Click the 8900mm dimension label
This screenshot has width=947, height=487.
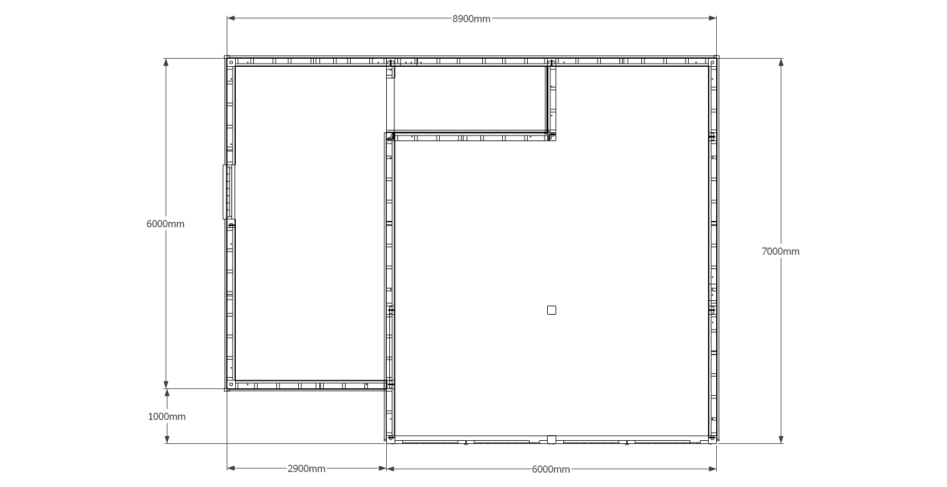[472, 19]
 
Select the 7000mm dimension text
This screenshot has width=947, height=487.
[780, 252]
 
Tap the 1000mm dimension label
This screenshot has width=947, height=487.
[167, 417]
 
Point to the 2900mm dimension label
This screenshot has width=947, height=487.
[306, 469]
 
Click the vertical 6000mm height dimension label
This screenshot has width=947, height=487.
[165, 224]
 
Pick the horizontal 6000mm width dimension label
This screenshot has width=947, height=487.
[551, 470]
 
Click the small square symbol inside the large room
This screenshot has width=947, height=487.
[551, 310]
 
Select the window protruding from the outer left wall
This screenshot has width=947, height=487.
[228, 192]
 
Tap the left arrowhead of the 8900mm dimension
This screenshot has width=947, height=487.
[231, 18]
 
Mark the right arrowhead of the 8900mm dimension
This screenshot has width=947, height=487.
[712, 18]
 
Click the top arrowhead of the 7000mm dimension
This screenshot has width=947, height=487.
[781, 62]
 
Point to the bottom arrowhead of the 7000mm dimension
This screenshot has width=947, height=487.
[781, 440]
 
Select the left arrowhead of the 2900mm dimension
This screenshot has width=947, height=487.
[231, 468]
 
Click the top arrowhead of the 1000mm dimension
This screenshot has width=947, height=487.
[167, 393]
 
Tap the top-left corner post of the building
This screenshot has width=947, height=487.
[231, 62]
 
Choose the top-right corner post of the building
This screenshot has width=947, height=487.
[712, 62]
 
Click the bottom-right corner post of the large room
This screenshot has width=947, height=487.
[712, 438]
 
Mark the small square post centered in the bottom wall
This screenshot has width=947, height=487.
[551, 440]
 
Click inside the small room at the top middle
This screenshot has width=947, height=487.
[470, 98]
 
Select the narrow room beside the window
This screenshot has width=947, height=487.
[310, 223]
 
